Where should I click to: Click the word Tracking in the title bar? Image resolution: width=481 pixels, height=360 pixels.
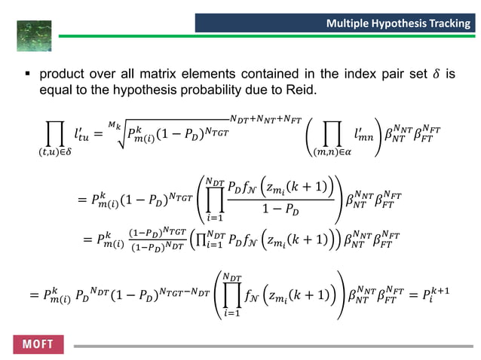pos(448,24)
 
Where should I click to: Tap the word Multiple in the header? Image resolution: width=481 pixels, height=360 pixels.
pos(348,24)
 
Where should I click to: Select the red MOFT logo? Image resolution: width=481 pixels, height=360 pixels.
pos(38,344)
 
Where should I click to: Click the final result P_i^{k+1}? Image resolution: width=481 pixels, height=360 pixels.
pos(445,295)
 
